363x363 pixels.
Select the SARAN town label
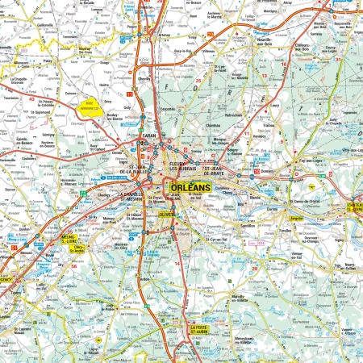pos(151,136)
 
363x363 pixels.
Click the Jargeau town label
pos(298,218)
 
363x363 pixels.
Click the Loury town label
pos(274,105)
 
